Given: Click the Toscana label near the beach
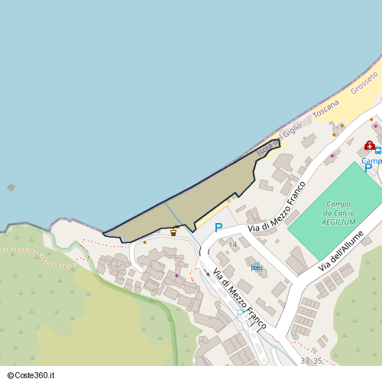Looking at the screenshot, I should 325,112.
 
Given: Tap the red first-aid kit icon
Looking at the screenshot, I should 369,145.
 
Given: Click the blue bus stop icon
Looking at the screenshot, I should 377,151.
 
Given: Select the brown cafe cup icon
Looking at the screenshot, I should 173,232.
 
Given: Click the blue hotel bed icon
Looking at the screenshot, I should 257,267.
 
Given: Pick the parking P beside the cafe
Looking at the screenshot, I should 218,228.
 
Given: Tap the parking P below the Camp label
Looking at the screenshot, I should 367,170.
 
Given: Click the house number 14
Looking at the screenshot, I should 233,244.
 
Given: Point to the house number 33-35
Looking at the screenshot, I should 311,361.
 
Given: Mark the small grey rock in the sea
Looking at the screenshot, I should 11,187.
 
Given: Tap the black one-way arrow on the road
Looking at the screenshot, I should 206,273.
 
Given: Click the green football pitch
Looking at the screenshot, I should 336,210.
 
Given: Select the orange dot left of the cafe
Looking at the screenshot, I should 144,242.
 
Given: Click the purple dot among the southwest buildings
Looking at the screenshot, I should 176,276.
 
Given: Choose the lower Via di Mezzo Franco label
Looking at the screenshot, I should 239,298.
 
